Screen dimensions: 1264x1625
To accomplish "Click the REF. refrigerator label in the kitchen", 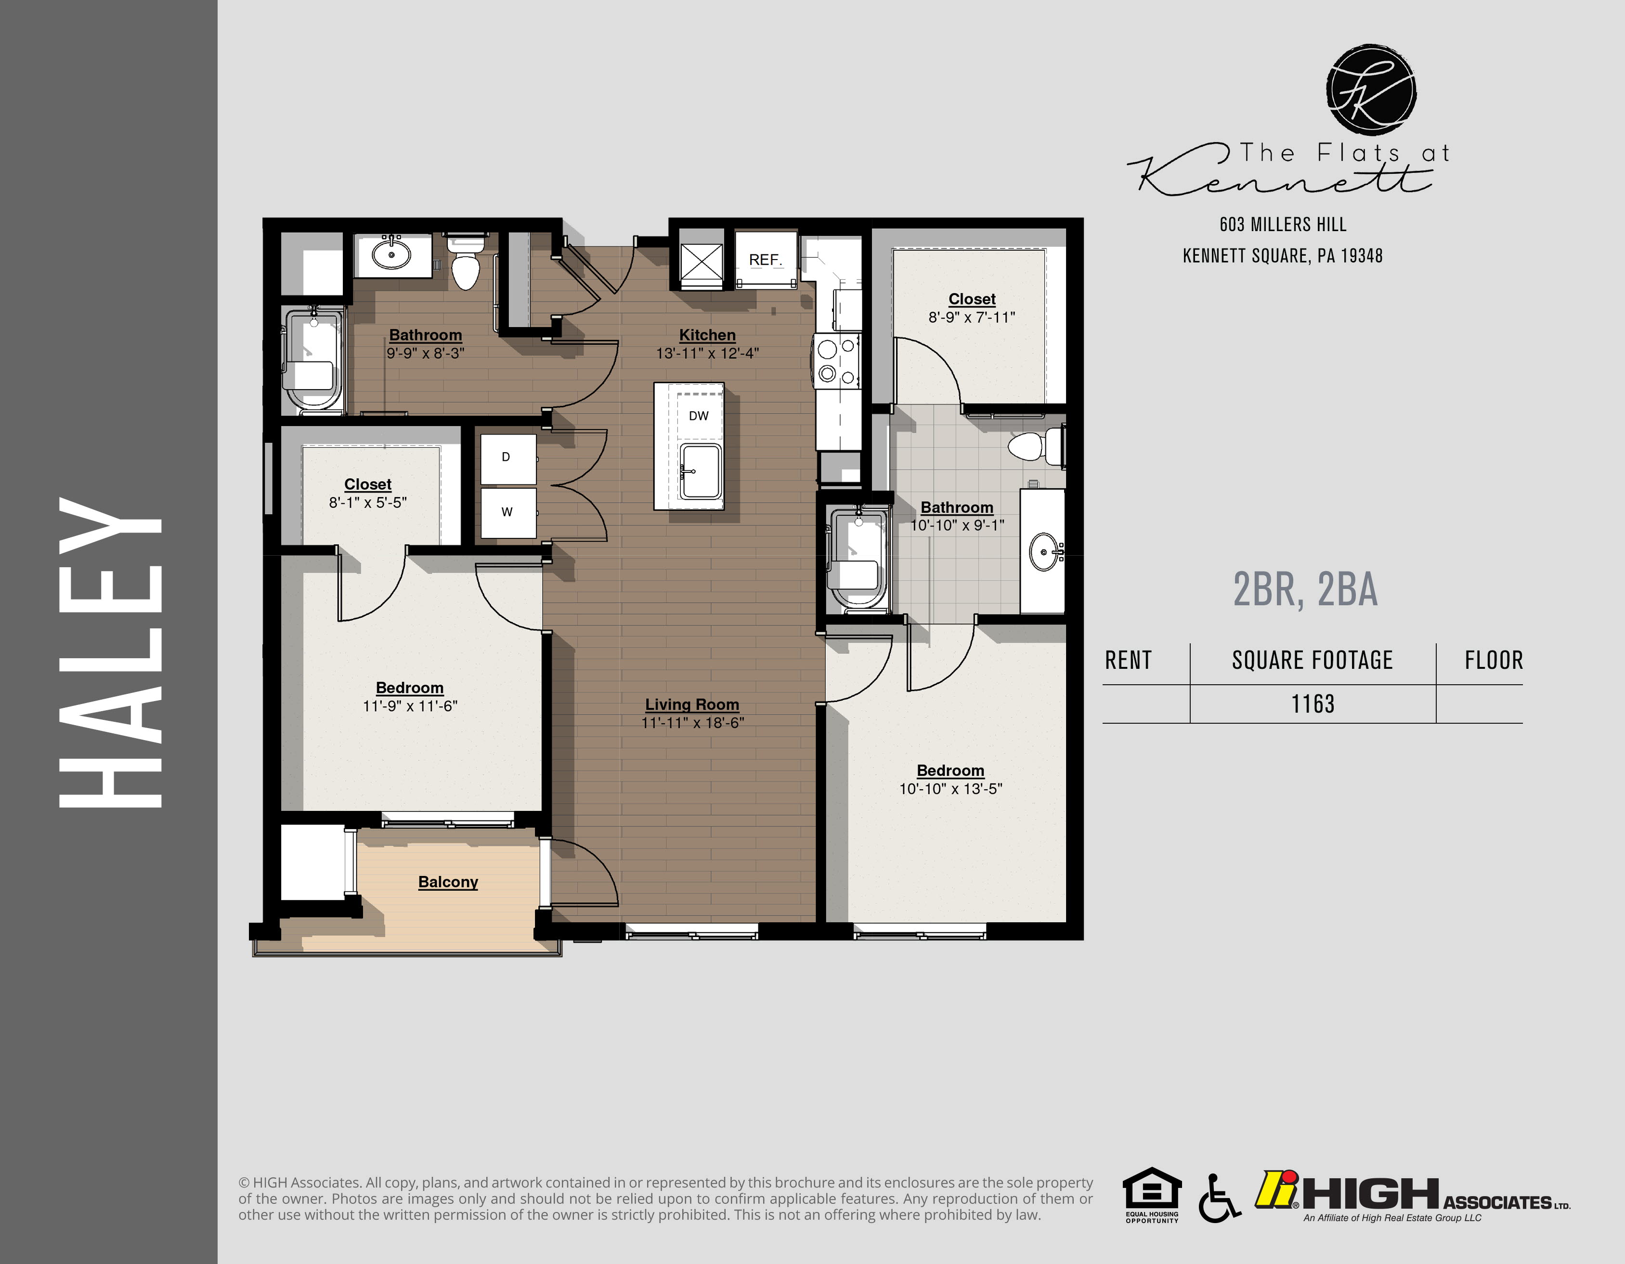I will click(x=765, y=260).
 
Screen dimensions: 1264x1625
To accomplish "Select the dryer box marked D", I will click(x=507, y=457).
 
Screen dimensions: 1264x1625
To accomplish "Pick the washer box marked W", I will click(x=507, y=512).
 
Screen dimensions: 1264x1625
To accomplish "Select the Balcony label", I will click(x=448, y=882).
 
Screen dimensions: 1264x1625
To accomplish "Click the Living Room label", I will click(x=692, y=704).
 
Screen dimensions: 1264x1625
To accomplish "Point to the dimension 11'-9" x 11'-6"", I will click(x=410, y=706).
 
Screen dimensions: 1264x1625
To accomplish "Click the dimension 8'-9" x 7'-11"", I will click(x=972, y=318).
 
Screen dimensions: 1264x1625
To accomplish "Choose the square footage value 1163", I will click(x=1313, y=704).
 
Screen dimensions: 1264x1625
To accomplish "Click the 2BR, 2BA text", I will click(x=1305, y=590).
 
